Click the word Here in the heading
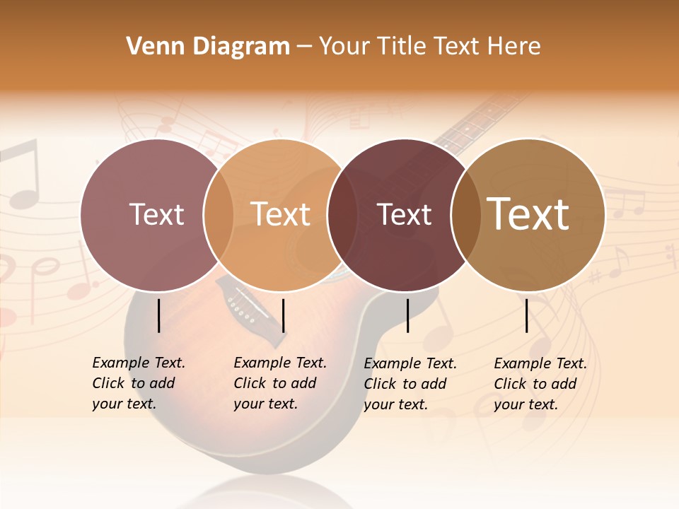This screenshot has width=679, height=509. point(514,47)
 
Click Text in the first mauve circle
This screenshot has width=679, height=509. point(156,214)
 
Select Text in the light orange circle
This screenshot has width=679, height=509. point(281,214)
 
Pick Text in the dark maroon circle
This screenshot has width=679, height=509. point(405,214)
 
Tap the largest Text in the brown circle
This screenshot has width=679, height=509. point(528,214)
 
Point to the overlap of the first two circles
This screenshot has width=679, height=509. point(219,214)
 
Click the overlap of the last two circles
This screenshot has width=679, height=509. point(466,214)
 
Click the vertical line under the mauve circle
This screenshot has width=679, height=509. point(158,315)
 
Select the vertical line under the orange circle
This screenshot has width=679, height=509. point(283,315)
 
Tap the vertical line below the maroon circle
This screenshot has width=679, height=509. point(407,315)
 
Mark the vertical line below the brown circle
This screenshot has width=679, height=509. point(527,315)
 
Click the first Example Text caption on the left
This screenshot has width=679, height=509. point(139,383)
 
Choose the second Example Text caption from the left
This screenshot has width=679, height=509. point(280,383)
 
